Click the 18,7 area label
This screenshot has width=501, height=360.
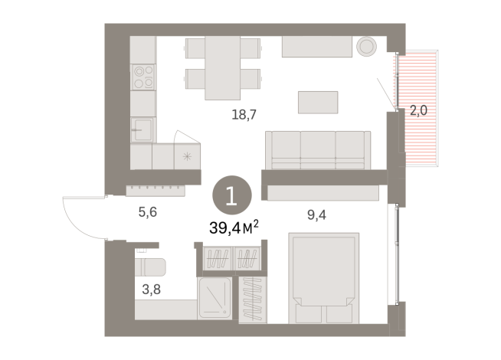coord(244,115)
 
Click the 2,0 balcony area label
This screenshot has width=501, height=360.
coord(418,110)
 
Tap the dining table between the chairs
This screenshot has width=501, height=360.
coord(223,67)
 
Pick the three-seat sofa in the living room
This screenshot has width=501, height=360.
coord(316,149)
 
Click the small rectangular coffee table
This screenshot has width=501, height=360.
coord(318,101)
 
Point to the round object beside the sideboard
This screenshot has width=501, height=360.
coord(366,45)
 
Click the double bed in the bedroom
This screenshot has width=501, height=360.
coord(321,280)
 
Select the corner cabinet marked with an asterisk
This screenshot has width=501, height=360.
coord(187,155)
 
